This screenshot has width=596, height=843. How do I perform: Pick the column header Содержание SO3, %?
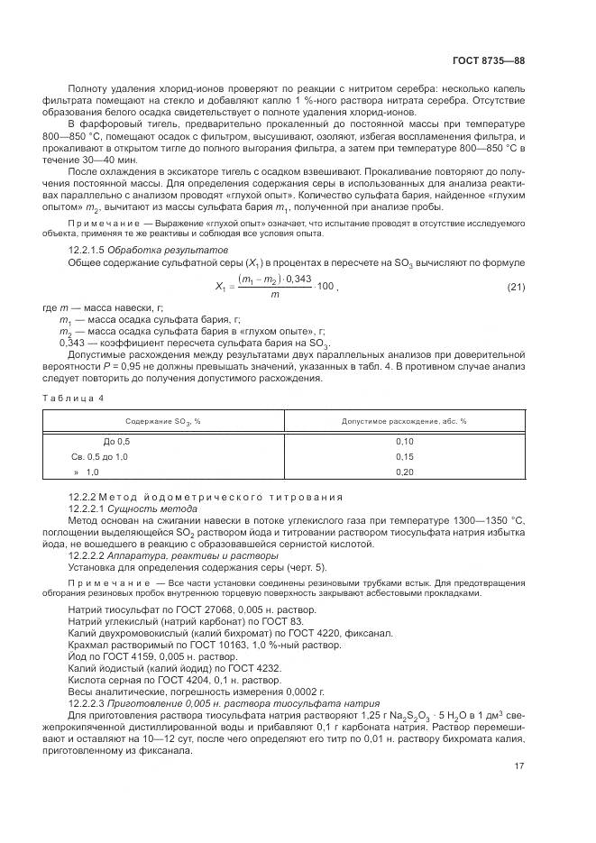click(x=162, y=421)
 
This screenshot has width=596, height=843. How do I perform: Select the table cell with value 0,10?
click(x=404, y=442)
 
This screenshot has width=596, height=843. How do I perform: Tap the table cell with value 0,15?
click(x=404, y=457)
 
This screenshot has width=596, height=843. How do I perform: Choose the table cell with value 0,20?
click(x=404, y=472)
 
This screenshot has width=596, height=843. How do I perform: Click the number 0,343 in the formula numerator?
click(x=298, y=279)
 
